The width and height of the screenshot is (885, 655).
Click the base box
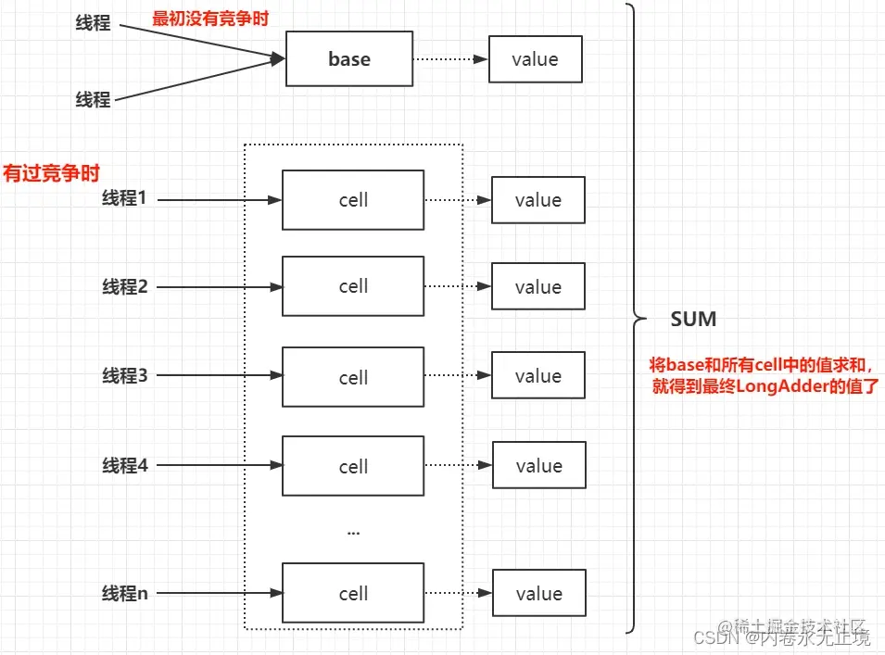(349, 59)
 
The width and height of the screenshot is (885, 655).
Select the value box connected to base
(535, 59)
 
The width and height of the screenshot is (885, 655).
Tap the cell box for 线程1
(353, 200)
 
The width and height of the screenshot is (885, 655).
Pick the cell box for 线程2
(353, 286)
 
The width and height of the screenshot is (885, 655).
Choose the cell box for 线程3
(353, 377)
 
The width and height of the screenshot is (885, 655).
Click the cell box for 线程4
(353, 467)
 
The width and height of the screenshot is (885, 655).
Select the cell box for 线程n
(353, 594)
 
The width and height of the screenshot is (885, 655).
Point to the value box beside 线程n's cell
(538, 594)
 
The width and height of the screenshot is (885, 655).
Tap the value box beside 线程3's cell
(538, 376)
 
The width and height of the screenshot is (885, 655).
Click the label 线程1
(124, 198)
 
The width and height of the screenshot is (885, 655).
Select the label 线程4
(124, 466)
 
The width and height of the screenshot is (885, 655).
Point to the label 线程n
(124, 593)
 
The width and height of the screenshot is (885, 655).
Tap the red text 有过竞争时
(51, 173)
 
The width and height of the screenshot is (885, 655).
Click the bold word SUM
(693, 320)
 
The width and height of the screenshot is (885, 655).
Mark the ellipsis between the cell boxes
(353, 532)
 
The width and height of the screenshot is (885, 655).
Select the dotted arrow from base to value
(450, 59)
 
